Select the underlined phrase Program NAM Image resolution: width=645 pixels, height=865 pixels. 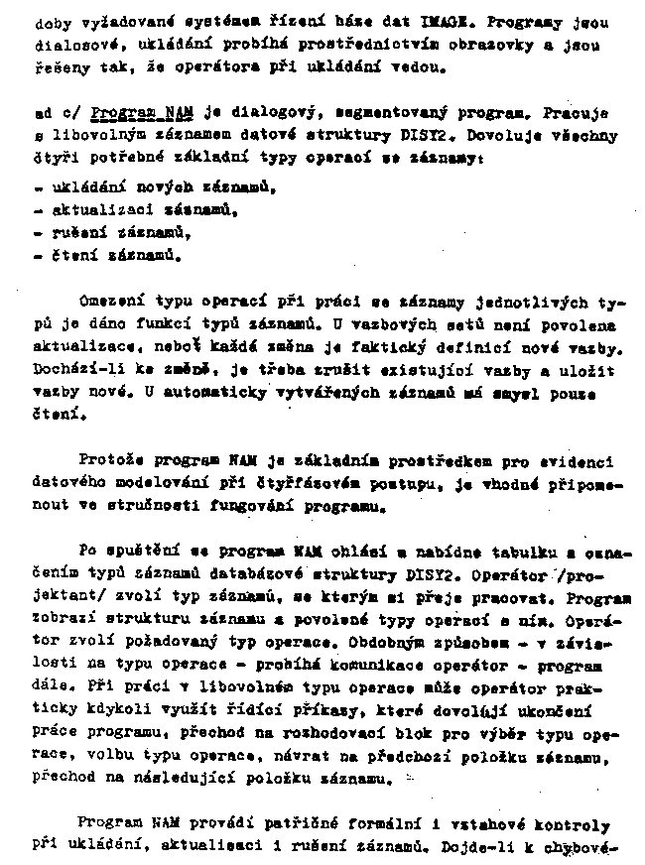tap(131, 113)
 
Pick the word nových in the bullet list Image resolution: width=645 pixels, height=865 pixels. tap(158, 186)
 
